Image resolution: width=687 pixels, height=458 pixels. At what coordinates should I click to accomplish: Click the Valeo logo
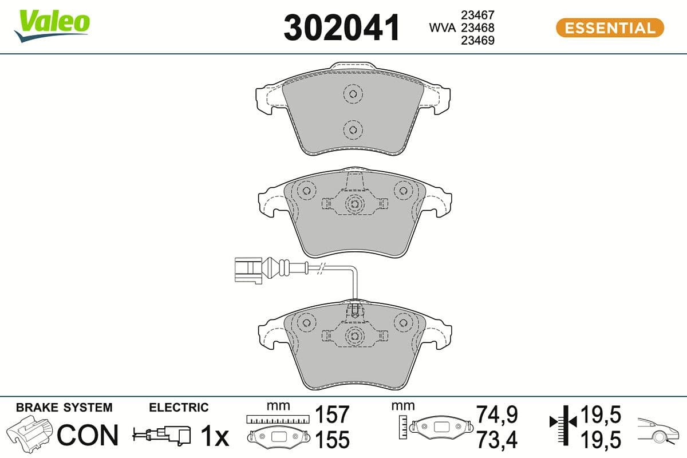[x=53, y=25]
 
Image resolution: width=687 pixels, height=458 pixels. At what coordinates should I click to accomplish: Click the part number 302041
[x=342, y=28]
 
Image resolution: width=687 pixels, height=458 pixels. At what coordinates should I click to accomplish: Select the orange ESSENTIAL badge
[x=609, y=27]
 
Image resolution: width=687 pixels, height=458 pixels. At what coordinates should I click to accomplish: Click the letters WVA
[x=443, y=27]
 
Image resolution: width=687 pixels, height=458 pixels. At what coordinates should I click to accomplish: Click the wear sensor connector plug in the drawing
[x=247, y=270]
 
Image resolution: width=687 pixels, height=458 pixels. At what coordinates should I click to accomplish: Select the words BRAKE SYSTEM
[x=64, y=408]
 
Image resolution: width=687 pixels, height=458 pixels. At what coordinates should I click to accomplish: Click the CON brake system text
[x=88, y=436]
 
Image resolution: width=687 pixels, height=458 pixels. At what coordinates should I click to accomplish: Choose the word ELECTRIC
[x=179, y=408]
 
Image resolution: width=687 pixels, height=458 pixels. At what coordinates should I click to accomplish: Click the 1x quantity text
[x=215, y=436]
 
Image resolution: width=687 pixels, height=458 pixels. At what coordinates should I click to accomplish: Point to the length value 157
[x=333, y=414]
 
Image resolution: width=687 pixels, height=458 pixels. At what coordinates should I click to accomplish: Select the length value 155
[x=333, y=440]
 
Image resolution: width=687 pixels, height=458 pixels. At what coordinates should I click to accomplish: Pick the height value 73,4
[x=497, y=440]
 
